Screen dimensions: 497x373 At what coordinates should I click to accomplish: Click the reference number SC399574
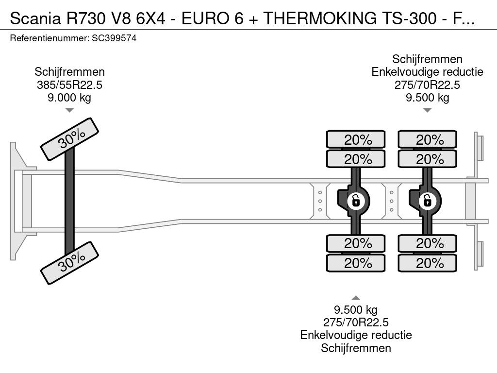click(114, 38)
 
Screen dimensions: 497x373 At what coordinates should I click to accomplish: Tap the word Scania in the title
click(35, 18)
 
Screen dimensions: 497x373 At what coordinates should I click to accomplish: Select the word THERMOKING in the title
click(320, 18)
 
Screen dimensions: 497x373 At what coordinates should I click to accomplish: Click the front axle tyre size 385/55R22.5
click(69, 85)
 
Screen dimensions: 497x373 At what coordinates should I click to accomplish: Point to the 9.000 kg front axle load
click(69, 97)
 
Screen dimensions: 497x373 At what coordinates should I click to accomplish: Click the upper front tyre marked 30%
click(69, 139)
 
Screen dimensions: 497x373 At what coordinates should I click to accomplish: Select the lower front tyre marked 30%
click(69, 263)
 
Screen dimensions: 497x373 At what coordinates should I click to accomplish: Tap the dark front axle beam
click(69, 201)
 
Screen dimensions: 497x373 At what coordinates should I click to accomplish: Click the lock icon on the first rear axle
click(356, 201)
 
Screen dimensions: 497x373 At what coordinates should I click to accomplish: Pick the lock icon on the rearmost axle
click(427, 201)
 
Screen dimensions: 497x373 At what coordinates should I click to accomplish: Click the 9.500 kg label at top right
click(427, 97)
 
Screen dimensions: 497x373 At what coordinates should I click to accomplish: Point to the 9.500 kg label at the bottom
click(356, 309)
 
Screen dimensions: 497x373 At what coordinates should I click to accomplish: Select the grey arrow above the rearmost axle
click(427, 110)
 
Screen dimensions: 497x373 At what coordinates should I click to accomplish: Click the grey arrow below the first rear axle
click(356, 298)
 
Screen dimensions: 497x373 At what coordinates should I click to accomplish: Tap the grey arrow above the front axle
click(69, 110)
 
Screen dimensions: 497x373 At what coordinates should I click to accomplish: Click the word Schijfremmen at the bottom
click(356, 348)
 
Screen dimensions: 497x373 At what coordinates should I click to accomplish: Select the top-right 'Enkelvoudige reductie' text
click(427, 72)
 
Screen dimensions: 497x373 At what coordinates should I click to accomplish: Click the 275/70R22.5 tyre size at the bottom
click(356, 322)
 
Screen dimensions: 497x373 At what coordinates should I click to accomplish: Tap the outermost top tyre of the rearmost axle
click(427, 139)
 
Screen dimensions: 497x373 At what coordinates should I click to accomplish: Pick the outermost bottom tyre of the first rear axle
click(356, 263)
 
